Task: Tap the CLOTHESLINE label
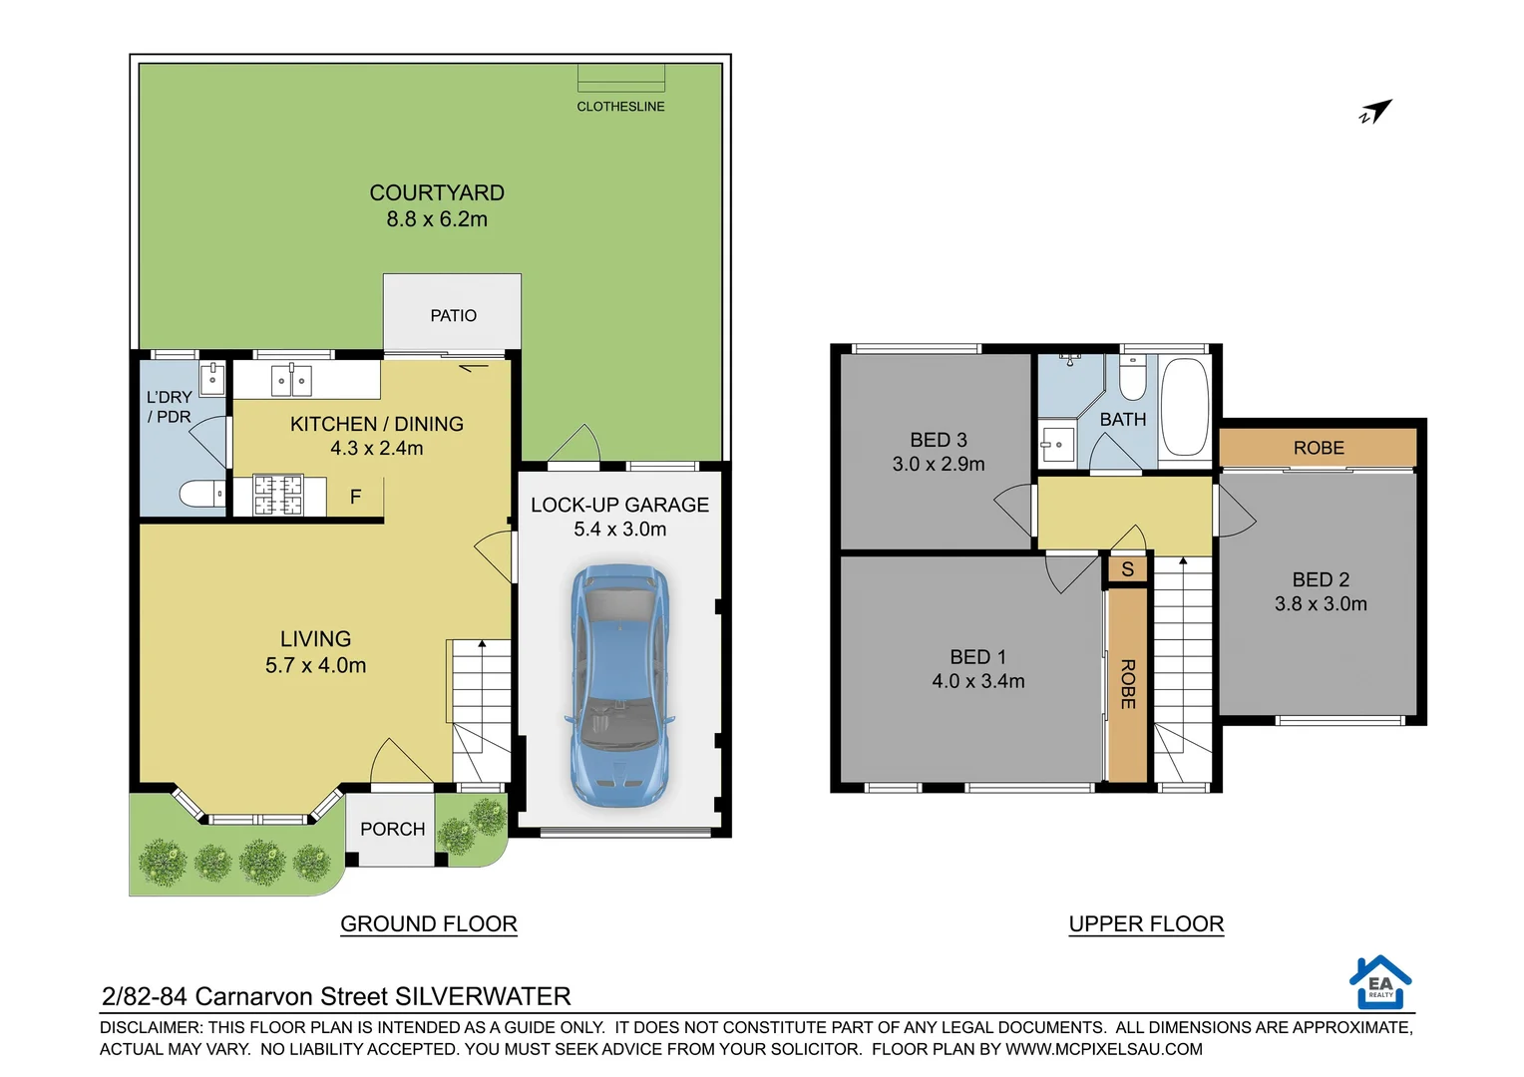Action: point(620,107)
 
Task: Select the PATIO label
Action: point(453,315)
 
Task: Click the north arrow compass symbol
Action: point(1375,112)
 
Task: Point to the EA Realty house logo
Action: point(1380,982)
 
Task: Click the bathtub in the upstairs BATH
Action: point(1185,407)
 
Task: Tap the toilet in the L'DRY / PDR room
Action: point(203,494)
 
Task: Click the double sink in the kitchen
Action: point(291,381)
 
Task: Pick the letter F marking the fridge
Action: point(355,497)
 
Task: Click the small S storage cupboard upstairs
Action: point(1127,569)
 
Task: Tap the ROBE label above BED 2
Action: point(1319,448)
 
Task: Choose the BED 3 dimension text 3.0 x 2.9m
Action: point(938,464)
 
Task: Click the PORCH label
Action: point(392,829)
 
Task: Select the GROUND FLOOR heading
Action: point(429,923)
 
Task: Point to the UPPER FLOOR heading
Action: point(1146,923)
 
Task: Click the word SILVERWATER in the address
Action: point(483,996)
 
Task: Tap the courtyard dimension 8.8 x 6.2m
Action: point(437,219)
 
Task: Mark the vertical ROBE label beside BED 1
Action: point(1128,684)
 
